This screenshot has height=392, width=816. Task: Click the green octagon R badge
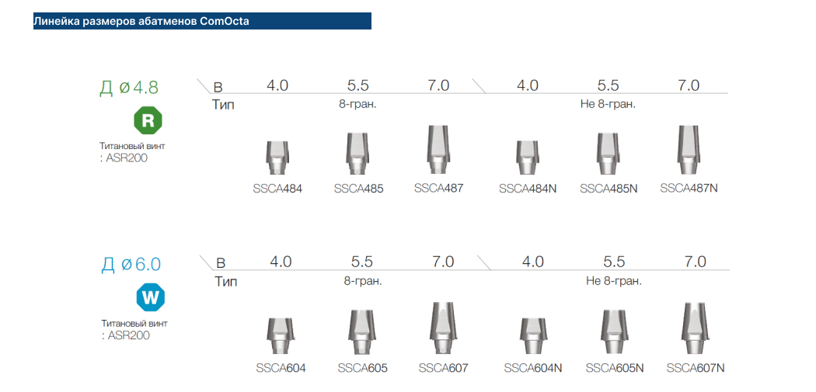(148, 120)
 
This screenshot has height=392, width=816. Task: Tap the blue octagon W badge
(151, 298)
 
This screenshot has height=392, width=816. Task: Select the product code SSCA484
(277, 189)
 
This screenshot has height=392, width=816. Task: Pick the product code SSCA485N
(609, 189)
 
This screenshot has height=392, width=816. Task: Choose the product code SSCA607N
(696, 368)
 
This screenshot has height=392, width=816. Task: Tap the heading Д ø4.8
(129, 88)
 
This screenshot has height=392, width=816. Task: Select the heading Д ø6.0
(131, 265)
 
